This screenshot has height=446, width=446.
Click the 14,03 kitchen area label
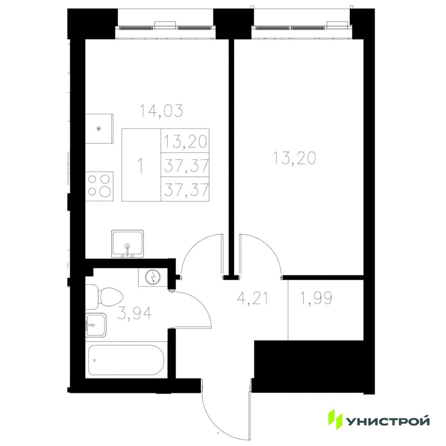pyautogui.click(x=161, y=111)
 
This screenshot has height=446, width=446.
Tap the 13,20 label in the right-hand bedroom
pyautogui.click(x=294, y=158)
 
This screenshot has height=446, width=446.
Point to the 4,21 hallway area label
pyautogui.click(x=252, y=298)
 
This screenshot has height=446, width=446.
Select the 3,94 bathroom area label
pyautogui.click(x=135, y=313)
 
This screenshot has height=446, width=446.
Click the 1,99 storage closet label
pyautogui.click(x=316, y=298)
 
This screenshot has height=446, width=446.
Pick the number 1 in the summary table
pyautogui.click(x=140, y=166)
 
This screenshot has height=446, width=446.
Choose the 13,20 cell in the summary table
pyautogui.click(x=185, y=141)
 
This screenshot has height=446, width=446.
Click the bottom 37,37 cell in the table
pyautogui.click(x=185, y=189)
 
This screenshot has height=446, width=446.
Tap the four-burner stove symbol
pyautogui.click(x=99, y=186)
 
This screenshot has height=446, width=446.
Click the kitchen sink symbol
pyautogui.click(x=128, y=244)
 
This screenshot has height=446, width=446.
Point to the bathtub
pyautogui.click(x=126, y=360)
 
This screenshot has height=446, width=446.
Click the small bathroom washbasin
pyautogui.click(x=95, y=325)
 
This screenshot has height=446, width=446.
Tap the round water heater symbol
pyautogui.click(x=153, y=277)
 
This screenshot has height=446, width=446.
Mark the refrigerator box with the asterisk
pyautogui.click(x=99, y=128)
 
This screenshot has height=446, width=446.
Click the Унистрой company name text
pyautogui.click(x=388, y=422)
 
